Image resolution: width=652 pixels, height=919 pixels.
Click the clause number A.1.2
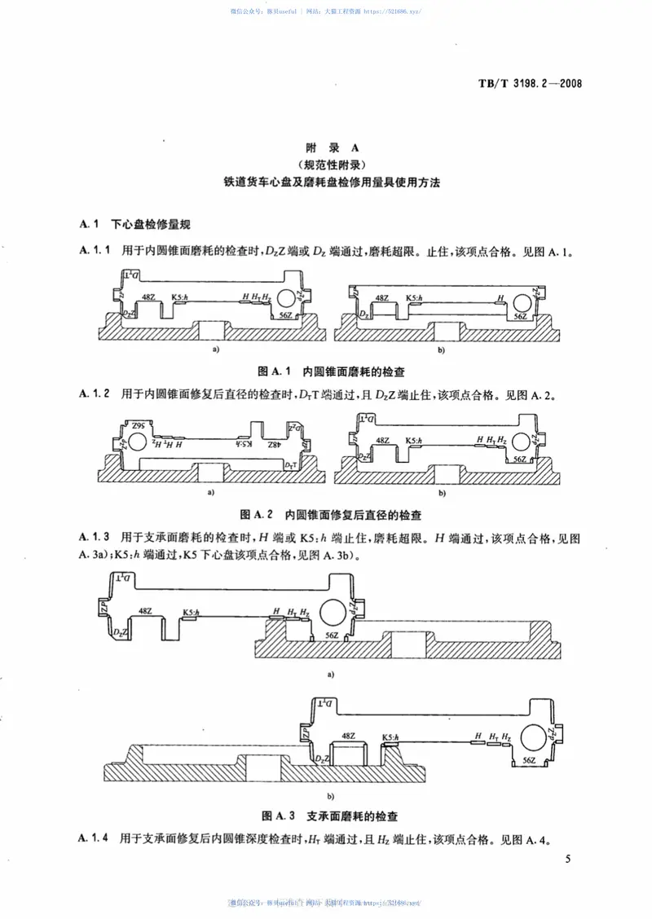pyautogui.click(x=95, y=394)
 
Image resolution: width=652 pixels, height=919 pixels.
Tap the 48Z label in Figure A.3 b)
pyautogui.click(x=348, y=736)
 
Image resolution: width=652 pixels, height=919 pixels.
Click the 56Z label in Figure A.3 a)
pyautogui.click(x=331, y=635)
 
